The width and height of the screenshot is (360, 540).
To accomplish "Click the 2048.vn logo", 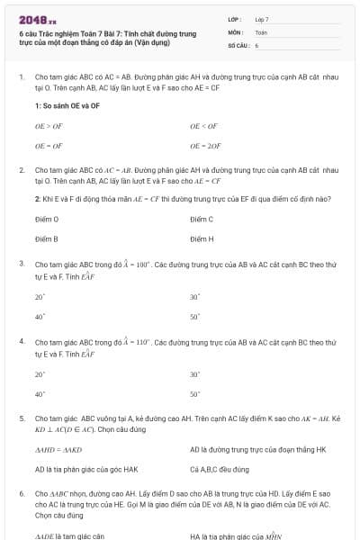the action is pos(37,19).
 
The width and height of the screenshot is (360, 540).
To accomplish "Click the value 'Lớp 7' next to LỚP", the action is pos(262,19).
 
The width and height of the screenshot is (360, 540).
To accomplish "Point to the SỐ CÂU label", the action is pos(238,44).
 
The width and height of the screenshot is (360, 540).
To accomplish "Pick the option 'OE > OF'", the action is pos(49,127).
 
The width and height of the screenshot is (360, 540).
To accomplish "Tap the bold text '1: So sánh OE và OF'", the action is pos(67,106).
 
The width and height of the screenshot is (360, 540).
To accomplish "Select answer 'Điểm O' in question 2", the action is pos(47,219).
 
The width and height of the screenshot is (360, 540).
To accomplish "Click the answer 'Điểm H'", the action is pos(202,238).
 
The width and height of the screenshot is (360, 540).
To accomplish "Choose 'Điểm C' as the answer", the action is pos(202,219).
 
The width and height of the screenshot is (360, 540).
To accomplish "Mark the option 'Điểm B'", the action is pos(47,238).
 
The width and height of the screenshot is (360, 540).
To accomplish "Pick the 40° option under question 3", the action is pos(40,316).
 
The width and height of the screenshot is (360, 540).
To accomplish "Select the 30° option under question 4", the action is pos(194,374).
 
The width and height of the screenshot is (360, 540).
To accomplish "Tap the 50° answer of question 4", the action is pos(194,394).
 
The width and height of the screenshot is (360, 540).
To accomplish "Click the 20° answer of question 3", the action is pos(40,296).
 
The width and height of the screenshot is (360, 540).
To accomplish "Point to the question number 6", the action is pos(21,494).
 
